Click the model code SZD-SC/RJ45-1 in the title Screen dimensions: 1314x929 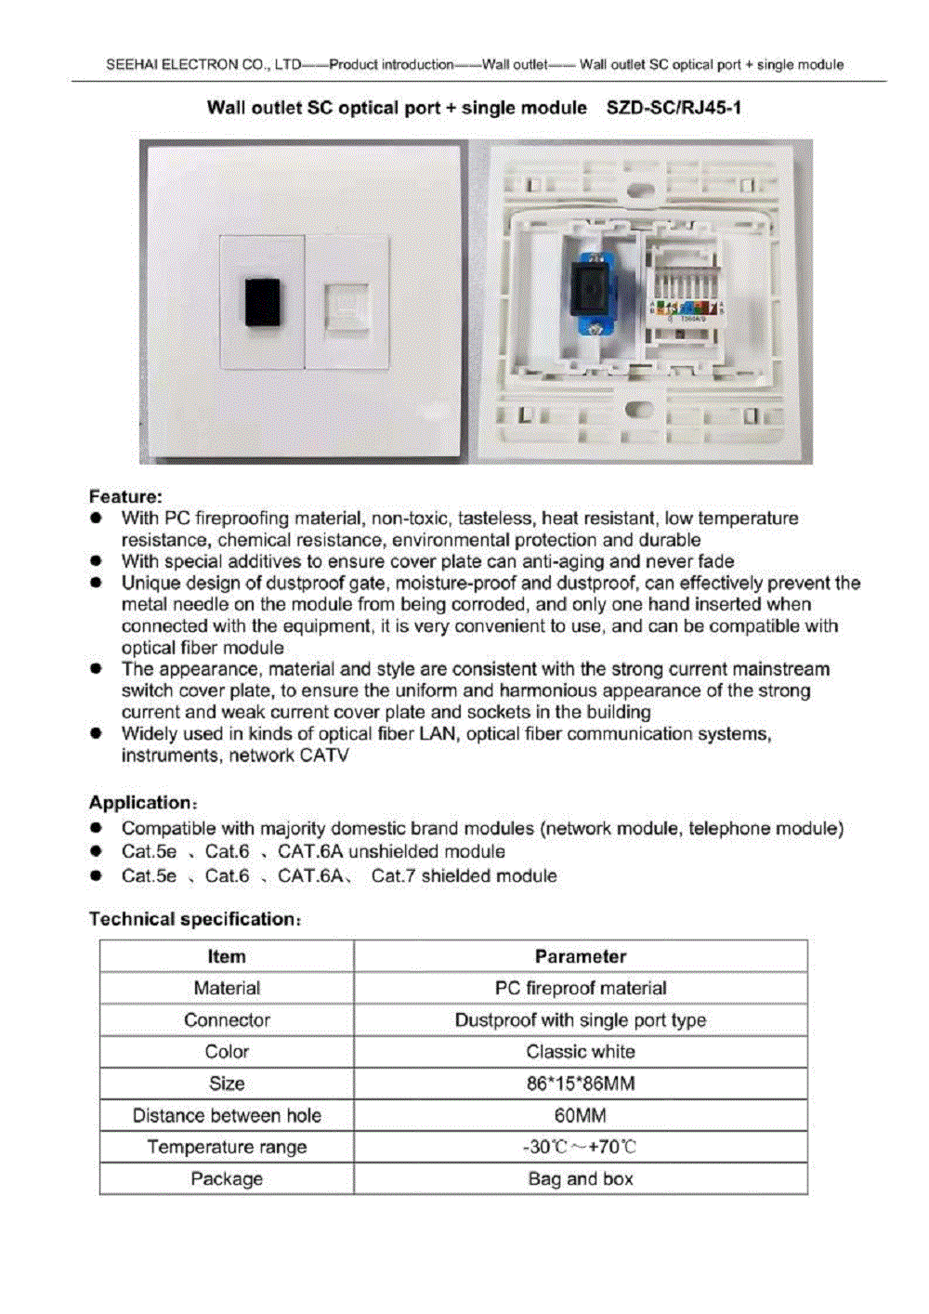(x=674, y=108)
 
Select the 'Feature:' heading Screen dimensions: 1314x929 (x=125, y=496)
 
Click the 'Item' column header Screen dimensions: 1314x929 (x=227, y=956)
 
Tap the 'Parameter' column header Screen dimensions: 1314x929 (x=581, y=956)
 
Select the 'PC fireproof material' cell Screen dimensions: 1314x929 (x=581, y=988)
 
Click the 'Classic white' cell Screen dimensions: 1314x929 (x=581, y=1051)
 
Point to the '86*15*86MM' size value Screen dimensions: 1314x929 (x=581, y=1084)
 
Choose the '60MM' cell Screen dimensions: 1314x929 (x=581, y=1115)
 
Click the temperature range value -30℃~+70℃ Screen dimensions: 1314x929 (x=581, y=1147)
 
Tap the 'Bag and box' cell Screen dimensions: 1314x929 (x=581, y=1178)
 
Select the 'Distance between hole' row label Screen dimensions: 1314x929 (x=227, y=1115)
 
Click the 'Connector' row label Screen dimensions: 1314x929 (x=227, y=1019)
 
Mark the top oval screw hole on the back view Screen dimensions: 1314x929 (x=639, y=191)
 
